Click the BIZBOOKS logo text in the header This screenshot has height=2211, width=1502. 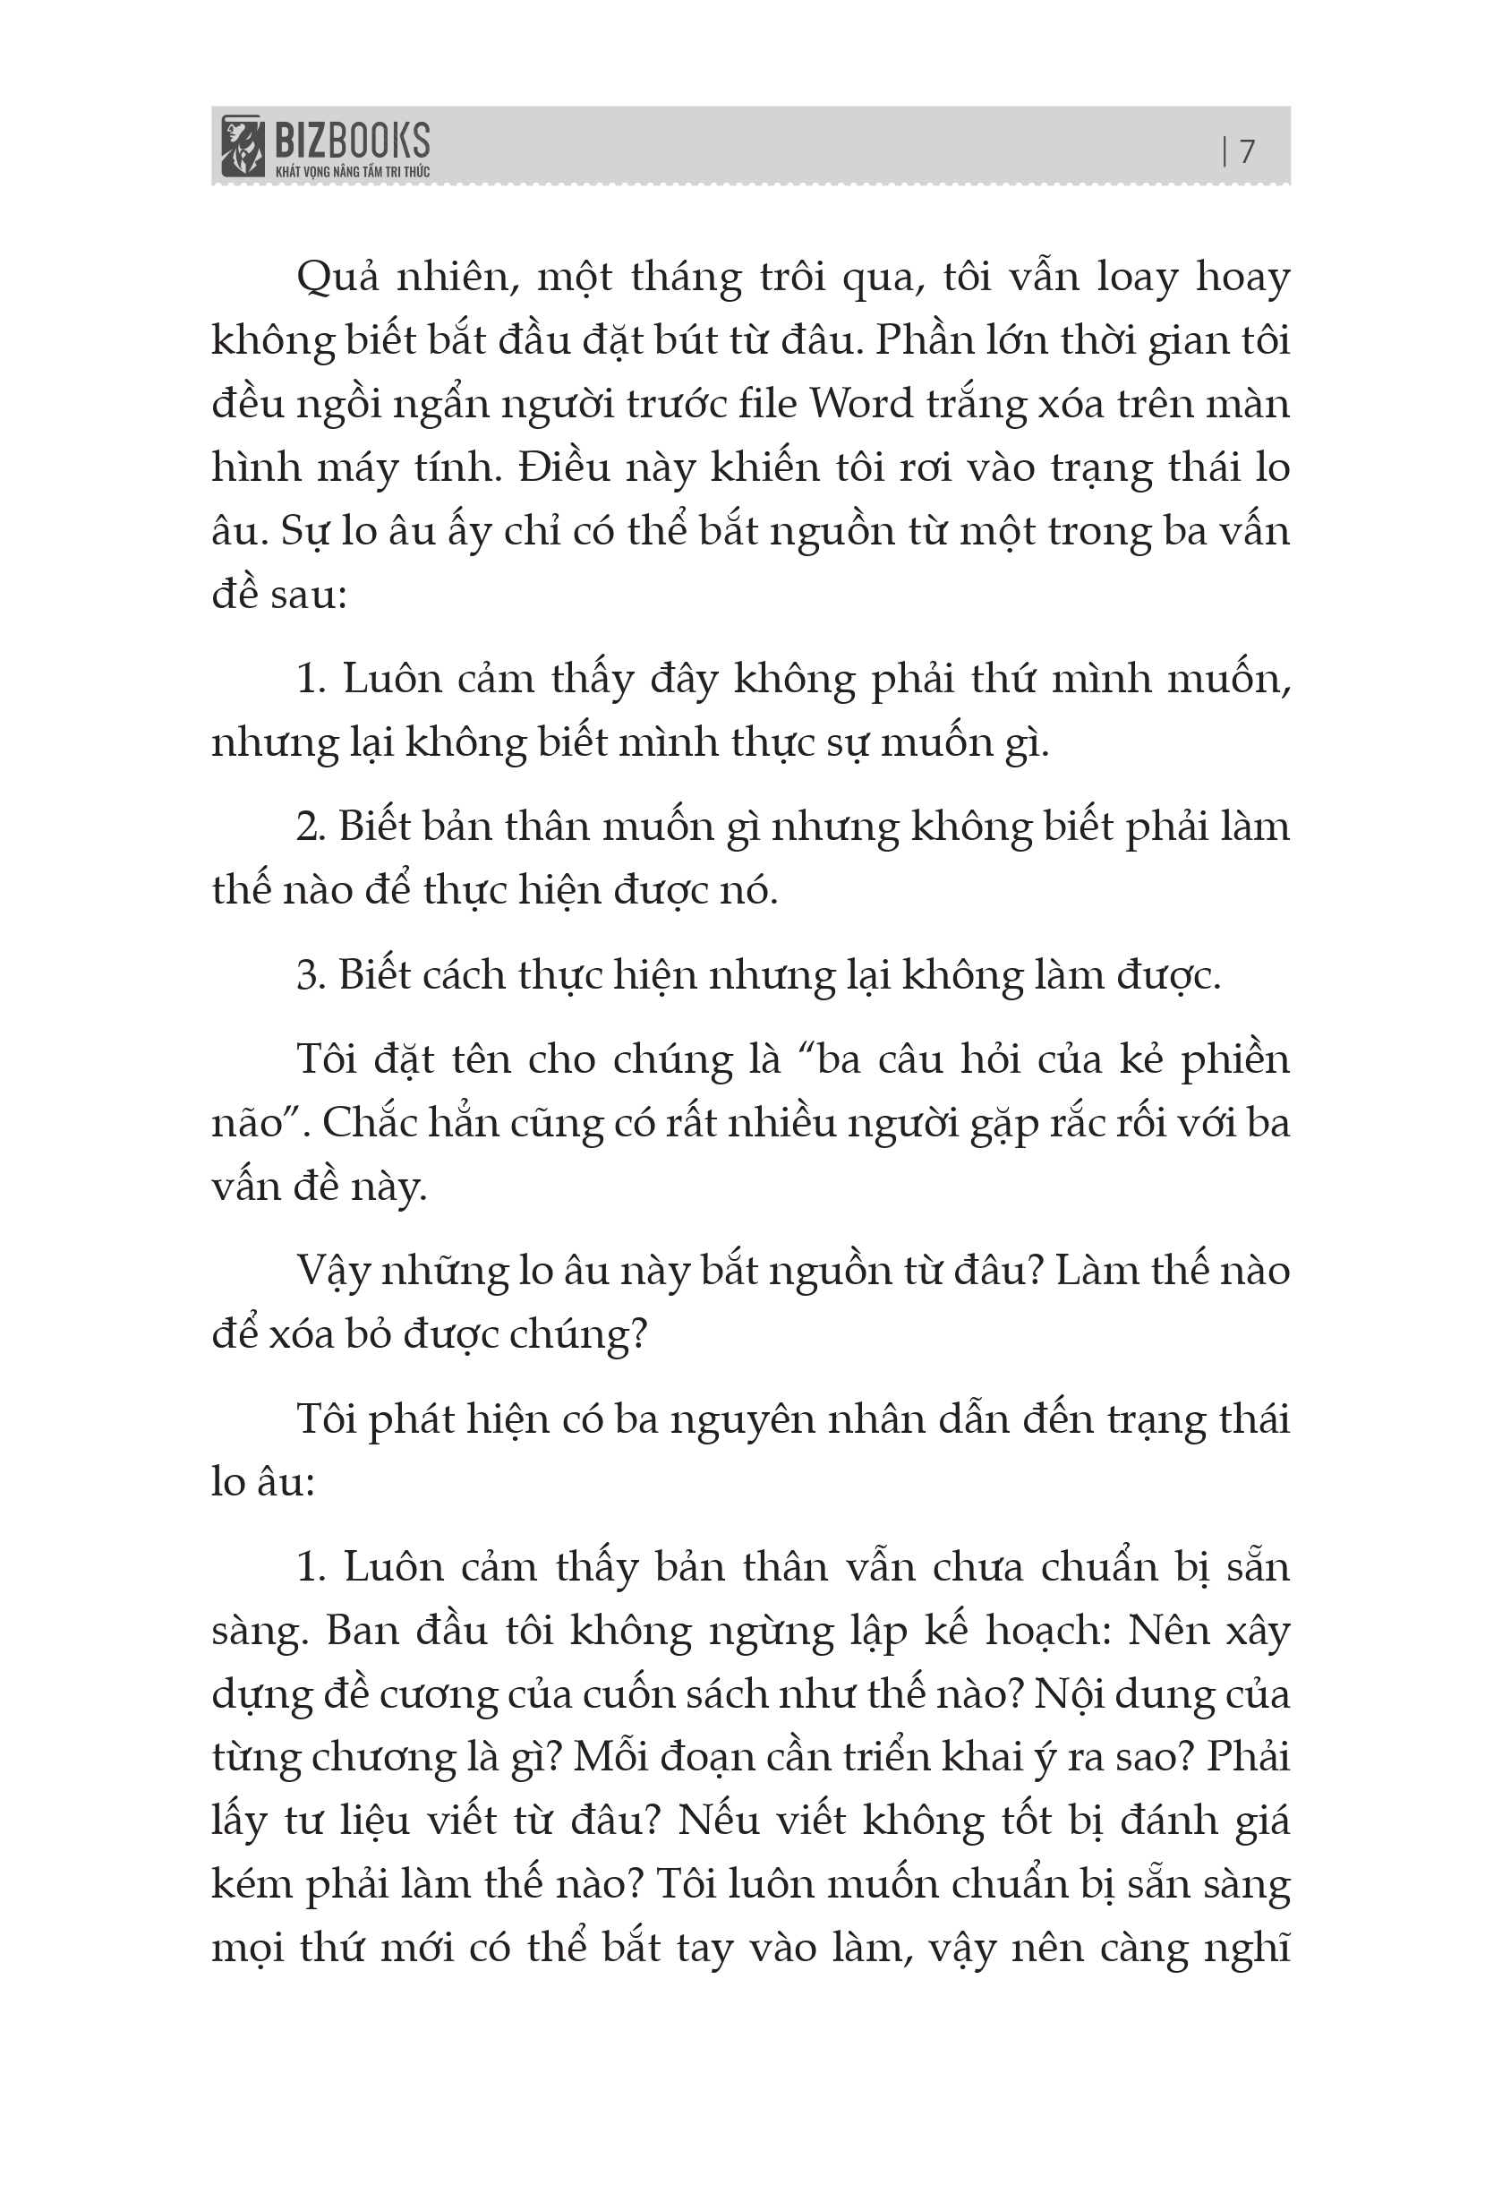[x=352, y=141]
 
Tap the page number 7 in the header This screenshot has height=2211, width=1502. [x=1247, y=151]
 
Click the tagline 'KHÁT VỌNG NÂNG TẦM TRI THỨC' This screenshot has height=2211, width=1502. [x=352, y=172]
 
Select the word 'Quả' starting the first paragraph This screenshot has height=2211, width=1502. [x=337, y=278]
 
